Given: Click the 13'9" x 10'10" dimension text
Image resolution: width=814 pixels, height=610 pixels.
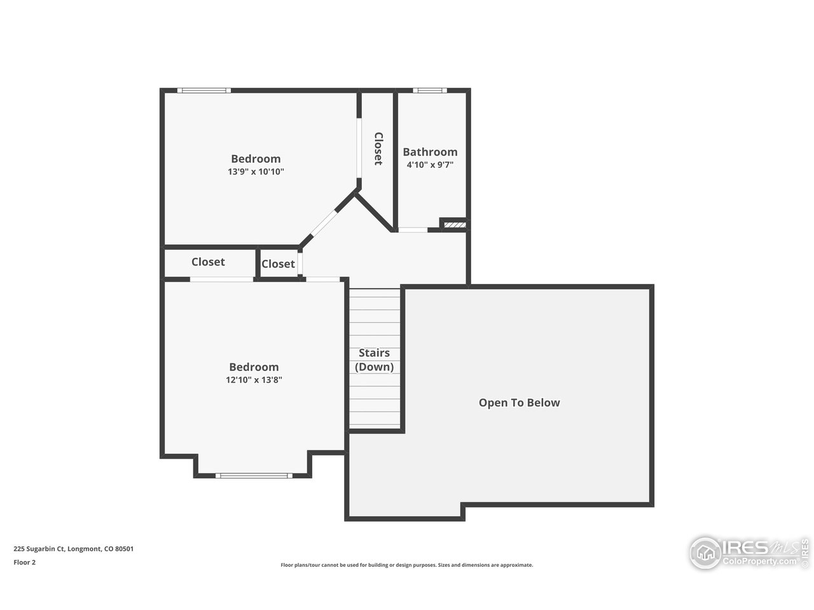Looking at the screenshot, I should (x=256, y=172).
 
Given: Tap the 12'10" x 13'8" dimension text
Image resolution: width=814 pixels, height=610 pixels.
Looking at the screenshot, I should (x=254, y=380).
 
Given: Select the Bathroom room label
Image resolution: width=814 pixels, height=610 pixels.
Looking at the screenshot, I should (x=430, y=152).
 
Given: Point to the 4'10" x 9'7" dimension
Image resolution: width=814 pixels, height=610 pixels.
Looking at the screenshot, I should (x=430, y=165).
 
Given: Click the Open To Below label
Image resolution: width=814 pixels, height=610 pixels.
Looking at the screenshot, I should (x=519, y=402).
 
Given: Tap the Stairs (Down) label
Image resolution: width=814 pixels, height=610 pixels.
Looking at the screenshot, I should (x=374, y=360).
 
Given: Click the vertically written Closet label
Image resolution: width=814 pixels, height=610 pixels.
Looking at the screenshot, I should (x=378, y=149).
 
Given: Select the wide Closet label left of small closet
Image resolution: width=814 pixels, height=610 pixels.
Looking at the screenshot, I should (x=208, y=262).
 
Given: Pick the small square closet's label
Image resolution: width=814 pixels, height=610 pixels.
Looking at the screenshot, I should (x=278, y=264).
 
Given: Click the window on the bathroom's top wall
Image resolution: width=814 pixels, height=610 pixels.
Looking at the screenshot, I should (x=430, y=90).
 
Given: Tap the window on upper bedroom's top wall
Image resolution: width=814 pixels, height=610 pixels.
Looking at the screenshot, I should (x=203, y=90).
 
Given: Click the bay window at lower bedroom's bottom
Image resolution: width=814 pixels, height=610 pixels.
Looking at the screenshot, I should (x=254, y=475).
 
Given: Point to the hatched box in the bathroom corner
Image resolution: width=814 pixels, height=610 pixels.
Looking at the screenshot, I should (x=455, y=224).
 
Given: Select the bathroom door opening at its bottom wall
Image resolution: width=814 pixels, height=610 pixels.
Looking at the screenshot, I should (x=413, y=229).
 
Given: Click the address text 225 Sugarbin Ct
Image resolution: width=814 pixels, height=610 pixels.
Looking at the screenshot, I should (x=73, y=549).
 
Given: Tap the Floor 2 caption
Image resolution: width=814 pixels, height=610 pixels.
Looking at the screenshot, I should (x=24, y=562).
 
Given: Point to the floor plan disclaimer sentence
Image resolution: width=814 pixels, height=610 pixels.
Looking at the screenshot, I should (x=407, y=565).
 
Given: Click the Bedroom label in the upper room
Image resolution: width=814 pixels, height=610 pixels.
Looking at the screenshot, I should (x=256, y=159).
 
